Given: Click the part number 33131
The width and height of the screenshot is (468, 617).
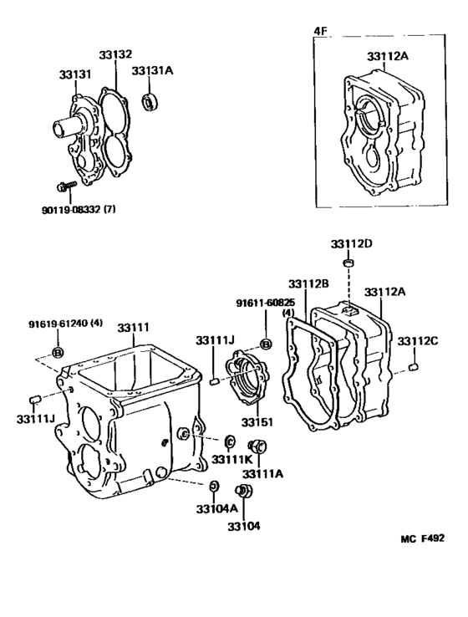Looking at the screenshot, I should pyautogui.click(x=74, y=74).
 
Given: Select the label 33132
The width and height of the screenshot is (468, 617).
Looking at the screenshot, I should pyautogui.click(x=116, y=54).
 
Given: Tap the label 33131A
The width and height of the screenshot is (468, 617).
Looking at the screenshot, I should pyautogui.click(x=152, y=71).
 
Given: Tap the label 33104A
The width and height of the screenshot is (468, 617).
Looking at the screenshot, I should pyautogui.click(x=216, y=508).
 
